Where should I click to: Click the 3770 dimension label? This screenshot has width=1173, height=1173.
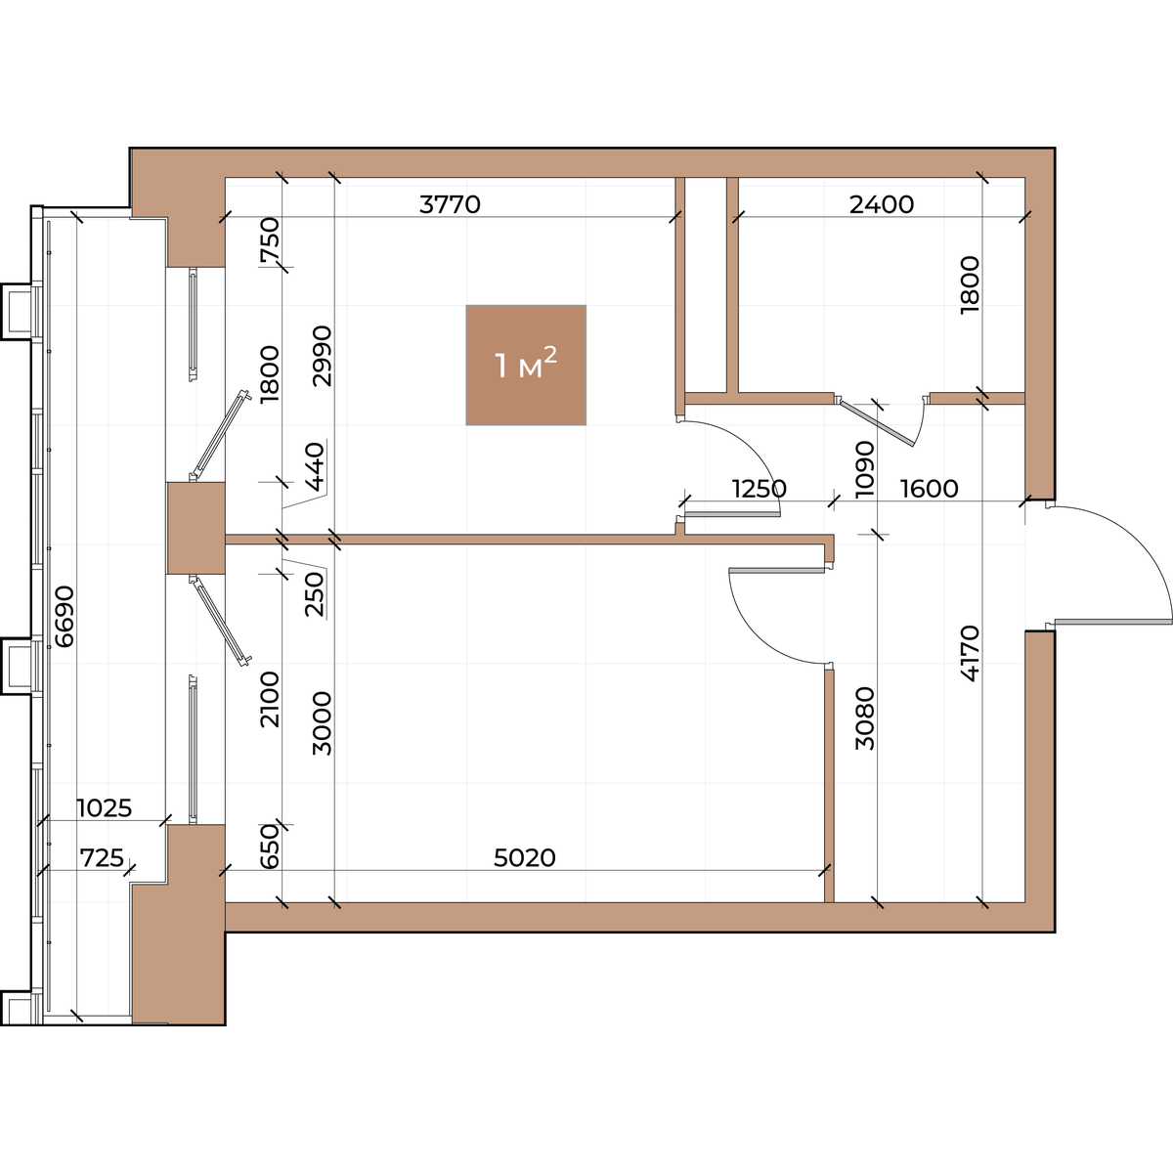(x=450, y=204)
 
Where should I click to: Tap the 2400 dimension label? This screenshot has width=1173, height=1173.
(x=882, y=204)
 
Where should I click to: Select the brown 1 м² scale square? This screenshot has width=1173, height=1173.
(x=526, y=365)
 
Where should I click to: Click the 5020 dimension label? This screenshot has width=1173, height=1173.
(x=524, y=857)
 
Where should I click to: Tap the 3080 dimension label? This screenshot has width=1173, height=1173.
(x=864, y=718)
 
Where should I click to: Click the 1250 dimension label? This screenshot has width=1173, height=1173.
(x=759, y=488)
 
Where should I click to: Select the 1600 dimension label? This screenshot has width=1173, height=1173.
(x=929, y=488)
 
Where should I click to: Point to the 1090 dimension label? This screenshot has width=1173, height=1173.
(x=864, y=469)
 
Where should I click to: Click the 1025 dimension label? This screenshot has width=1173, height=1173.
(x=104, y=807)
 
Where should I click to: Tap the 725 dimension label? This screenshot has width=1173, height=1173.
(x=102, y=857)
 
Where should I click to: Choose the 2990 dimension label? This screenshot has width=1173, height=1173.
(x=322, y=356)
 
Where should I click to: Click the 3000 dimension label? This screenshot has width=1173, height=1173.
(x=322, y=723)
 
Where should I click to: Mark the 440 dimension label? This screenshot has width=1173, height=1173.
(x=315, y=467)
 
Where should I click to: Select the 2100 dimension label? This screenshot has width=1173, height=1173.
(x=269, y=700)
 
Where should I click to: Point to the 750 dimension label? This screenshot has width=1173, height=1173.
(x=269, y=242)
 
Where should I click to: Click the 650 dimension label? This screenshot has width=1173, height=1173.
(x=269, y=847)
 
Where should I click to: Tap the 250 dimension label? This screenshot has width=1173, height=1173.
(x=315, y=593)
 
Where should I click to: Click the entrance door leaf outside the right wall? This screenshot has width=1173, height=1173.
(x=1113, y=622)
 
